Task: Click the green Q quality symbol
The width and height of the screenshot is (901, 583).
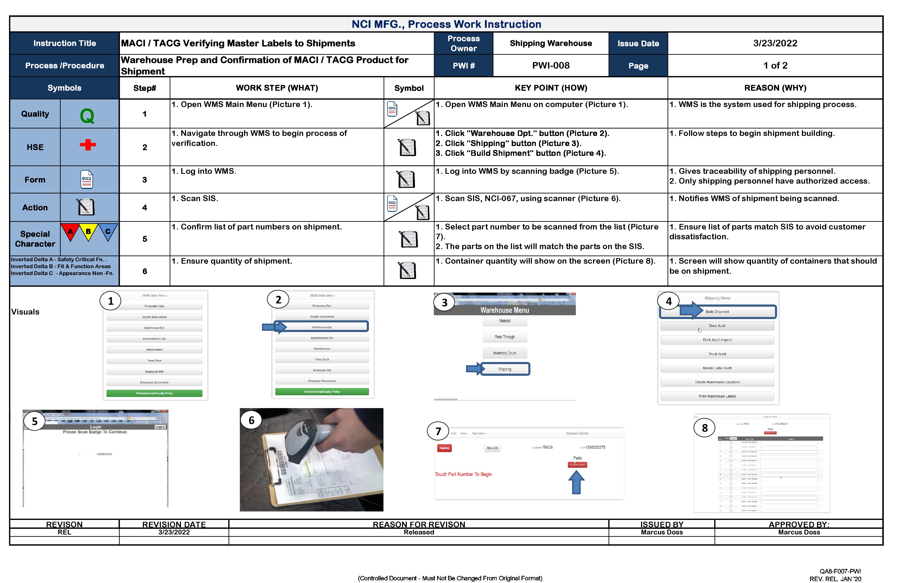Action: pos(87,116)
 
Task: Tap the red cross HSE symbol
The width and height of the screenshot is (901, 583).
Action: pos(88,145)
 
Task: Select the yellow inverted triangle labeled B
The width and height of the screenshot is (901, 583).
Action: pos(88,232)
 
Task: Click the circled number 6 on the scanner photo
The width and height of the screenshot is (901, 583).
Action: pos(251,421)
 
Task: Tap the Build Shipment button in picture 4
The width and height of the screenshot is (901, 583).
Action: pos(717,312)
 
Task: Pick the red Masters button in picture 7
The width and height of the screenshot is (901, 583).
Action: pos(444,448)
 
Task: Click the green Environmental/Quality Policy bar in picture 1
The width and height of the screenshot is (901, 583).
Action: pos(154,393)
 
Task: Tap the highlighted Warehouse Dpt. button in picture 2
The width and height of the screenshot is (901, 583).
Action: pos(322,327)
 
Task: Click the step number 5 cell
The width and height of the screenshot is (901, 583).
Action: pos(145,239)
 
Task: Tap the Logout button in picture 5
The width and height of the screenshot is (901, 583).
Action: pos(160,427)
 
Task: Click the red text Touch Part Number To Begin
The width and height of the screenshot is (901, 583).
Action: pos(463,474)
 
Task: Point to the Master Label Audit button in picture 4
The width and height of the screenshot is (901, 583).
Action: pos(717,368)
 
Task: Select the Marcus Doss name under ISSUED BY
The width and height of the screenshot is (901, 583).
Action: pos(661,532)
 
